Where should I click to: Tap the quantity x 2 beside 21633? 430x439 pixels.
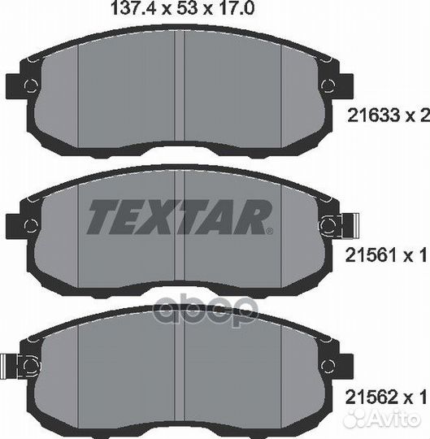click(x=416, y=115)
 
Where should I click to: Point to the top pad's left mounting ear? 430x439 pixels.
click(x=16, y=85)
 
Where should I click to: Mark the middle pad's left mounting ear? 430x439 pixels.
click(x=16, y=224)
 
